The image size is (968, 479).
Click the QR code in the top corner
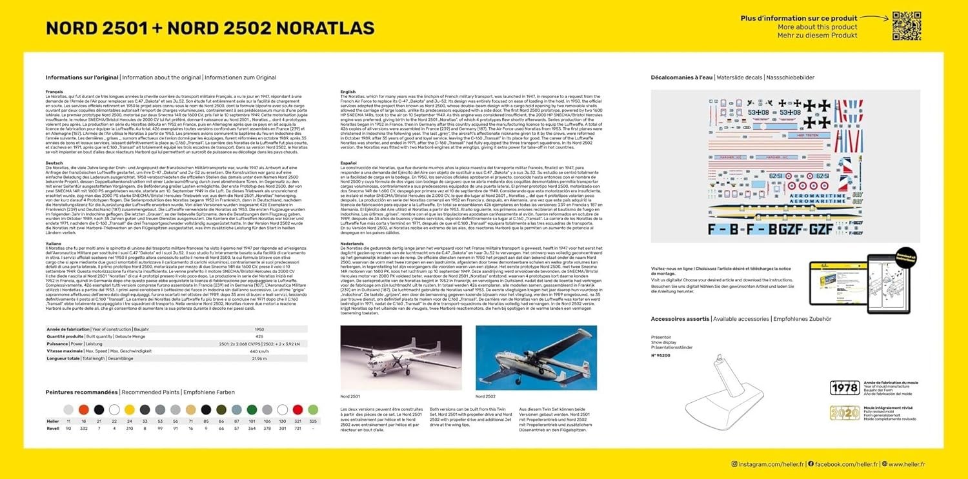click(x=906, y=26)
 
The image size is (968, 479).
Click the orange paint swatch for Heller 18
click(x=83, y=409)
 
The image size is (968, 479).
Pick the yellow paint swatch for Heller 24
click(x=129, y=409)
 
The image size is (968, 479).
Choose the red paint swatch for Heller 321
click(x=297, y=409)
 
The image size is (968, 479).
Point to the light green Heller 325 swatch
click(x=313, y=409)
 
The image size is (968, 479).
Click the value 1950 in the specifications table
click(x=259, y=329)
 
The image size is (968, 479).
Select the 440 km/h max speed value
click(x=259, y=351)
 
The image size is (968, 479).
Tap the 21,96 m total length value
click(x=259, y=358)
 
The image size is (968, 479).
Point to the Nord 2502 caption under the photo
click(x=486, y=396)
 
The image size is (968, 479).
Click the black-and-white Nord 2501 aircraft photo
click(x=400, y=358)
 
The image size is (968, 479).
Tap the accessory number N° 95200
click(x=662, y=356)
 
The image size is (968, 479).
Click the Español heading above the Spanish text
click(x=348, y=163)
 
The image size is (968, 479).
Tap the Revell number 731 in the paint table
click(x=297, y=428)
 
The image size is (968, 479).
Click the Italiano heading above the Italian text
click(x=54, y=243)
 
